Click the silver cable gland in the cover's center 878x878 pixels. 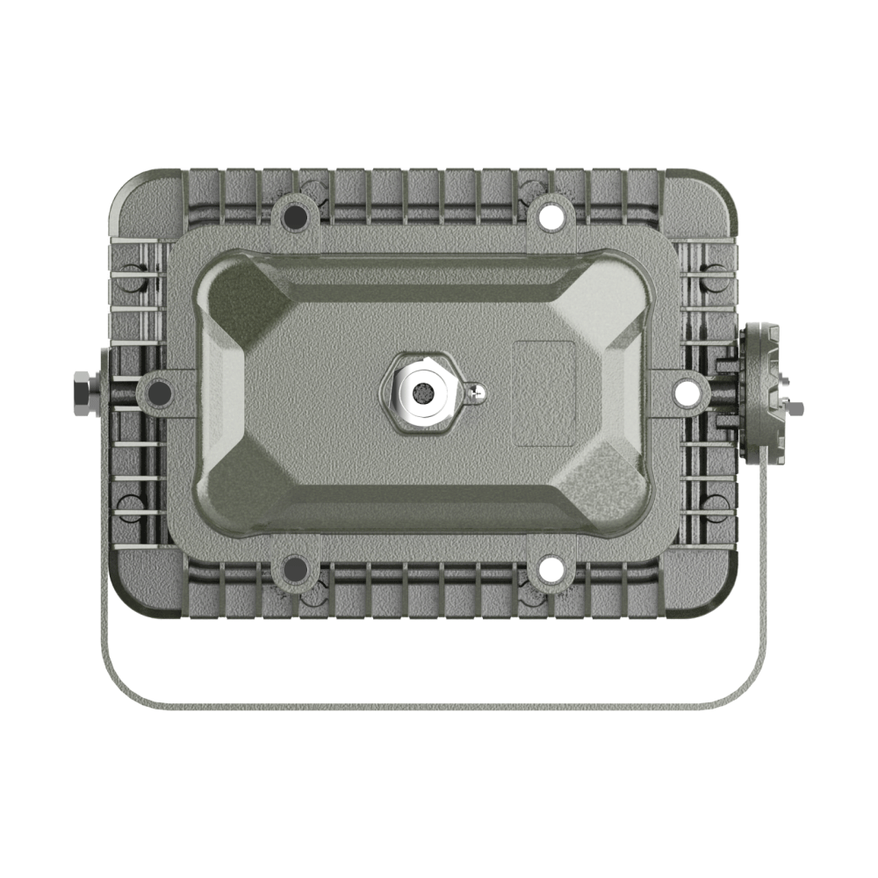pyautogui.click(x=422, y=392)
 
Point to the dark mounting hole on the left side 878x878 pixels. pyautogui.click(x=161, y=392)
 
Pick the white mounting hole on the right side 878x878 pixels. pyautogui.click(x=685, y=392)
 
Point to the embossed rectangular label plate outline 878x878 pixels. pyautogui.click(x=544, y=392)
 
